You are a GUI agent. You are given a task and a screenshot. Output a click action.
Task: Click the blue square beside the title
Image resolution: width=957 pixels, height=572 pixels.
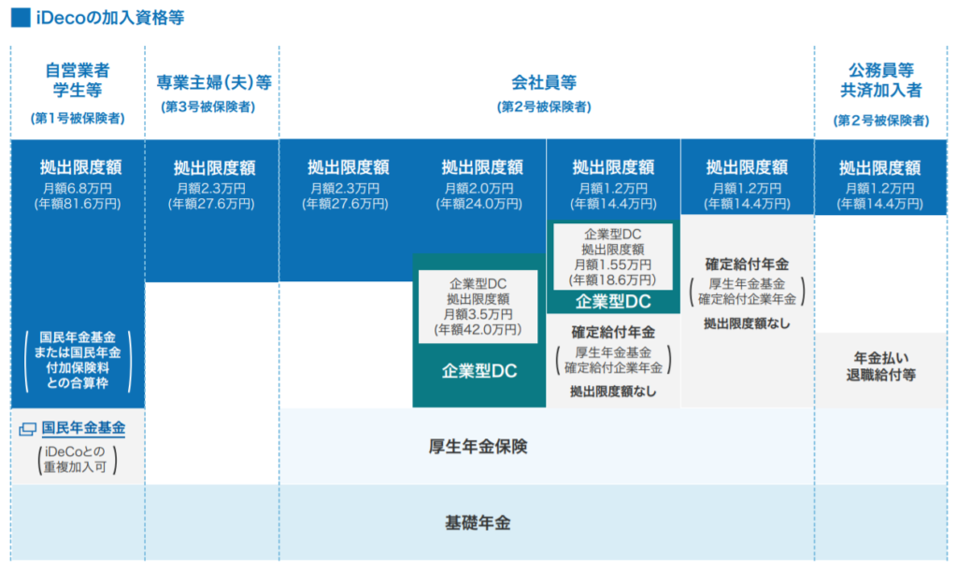pos(21,18)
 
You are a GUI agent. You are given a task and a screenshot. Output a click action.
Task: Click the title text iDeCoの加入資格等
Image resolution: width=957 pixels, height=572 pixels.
pos(110,18)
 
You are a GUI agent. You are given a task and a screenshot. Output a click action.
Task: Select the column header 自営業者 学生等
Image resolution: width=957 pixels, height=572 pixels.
pos(78,80)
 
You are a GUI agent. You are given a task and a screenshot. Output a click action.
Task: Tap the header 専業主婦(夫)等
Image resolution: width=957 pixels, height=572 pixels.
pos(214,82)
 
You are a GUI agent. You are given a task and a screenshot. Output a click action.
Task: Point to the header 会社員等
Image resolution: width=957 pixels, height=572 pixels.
pos(544,82)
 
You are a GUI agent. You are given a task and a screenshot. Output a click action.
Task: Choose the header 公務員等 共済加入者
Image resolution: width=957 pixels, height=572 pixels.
pos(880,80)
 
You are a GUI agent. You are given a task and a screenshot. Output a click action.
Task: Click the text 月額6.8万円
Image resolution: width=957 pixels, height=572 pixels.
pos(78,188)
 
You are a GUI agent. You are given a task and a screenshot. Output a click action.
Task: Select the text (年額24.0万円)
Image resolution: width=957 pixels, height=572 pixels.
pos(479,204)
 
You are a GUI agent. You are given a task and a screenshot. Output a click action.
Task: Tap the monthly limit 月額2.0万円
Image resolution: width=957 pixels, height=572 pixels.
pos(479,188)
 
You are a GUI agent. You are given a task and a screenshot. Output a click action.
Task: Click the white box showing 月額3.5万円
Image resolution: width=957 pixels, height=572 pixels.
pos(478,307)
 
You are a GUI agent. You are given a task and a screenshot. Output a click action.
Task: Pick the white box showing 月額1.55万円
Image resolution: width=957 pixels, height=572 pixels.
pos(613,256)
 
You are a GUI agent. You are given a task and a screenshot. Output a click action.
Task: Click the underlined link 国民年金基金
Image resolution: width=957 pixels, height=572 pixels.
pos(83,429)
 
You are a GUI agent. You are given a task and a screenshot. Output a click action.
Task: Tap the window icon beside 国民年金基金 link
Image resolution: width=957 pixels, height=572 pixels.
pos(27,429)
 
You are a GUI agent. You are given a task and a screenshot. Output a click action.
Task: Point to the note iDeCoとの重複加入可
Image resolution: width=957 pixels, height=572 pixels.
pos(76,459)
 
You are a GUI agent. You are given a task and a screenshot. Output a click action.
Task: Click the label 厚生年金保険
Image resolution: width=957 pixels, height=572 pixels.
pos(478,447)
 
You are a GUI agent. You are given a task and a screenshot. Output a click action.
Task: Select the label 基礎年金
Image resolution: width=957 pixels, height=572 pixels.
pos(478,523)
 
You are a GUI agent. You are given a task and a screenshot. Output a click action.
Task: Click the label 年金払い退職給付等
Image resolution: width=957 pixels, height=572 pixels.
pos(880,366)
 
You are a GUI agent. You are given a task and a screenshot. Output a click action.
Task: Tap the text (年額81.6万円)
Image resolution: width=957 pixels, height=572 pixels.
pos(78,204)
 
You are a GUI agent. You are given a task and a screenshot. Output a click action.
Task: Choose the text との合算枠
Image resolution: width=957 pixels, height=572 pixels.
pos(78,383)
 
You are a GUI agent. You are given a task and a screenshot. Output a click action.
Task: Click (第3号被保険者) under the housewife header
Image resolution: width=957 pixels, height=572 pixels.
pos(208,107)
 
